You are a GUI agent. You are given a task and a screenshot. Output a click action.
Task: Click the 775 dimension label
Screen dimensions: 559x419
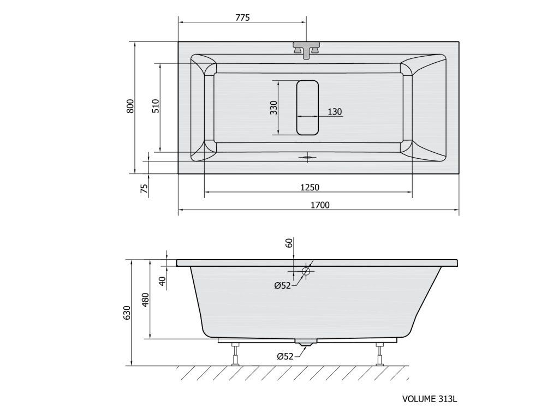[x=242, y=17]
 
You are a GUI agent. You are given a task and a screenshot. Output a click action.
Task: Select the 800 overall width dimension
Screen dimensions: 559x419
[x=131, y=106]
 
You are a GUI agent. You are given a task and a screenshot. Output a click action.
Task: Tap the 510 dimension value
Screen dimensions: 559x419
[x=156, y=106]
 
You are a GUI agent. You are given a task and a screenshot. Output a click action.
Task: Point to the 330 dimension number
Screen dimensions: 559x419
[x=274, y=108]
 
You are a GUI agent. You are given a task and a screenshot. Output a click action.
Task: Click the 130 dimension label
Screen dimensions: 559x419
[x=335, y=112]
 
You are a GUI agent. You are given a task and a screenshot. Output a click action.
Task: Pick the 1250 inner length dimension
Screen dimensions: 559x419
[x=310, y=187]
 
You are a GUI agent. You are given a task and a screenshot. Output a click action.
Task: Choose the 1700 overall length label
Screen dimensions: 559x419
[x=320, y=205]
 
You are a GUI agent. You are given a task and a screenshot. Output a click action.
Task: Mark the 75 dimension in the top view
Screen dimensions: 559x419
[x=144, y=188]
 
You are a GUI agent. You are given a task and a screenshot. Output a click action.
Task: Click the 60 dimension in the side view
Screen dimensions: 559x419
[x=289, y=243]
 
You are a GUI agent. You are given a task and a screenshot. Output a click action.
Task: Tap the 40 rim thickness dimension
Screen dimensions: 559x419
[x=163, y=281]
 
